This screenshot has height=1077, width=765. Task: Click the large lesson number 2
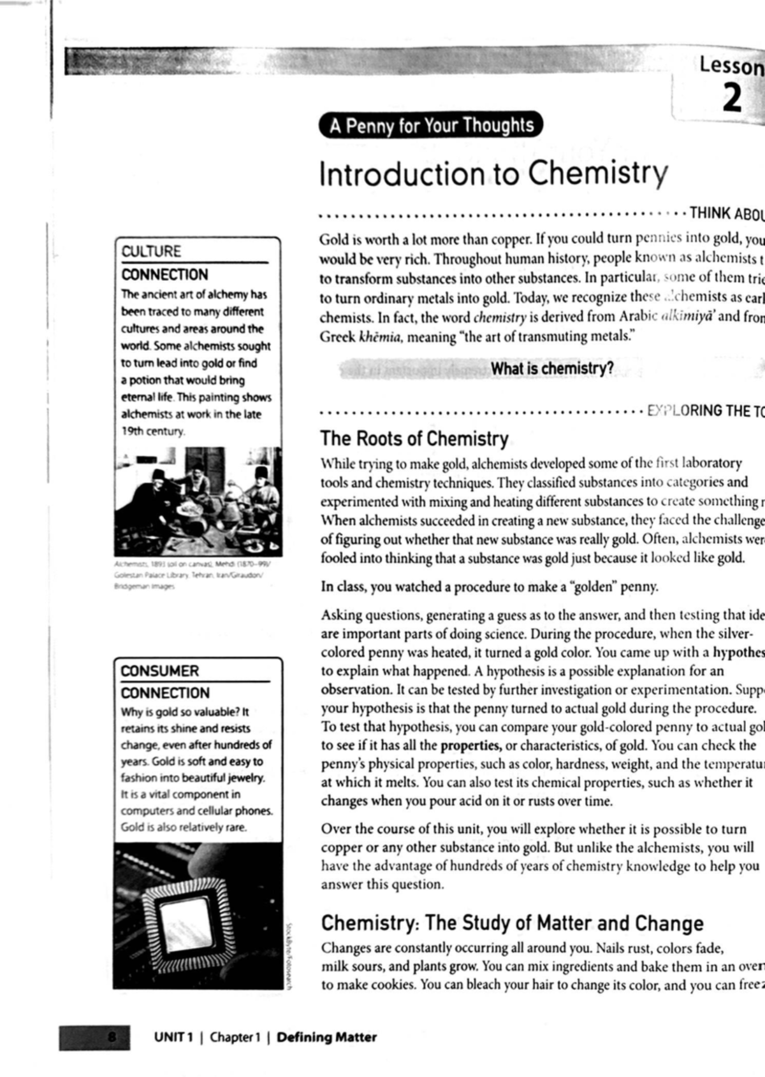coord(732,99)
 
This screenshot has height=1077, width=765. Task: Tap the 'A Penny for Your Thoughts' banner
coord(432,125)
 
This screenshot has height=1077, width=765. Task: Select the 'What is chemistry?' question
coord(552,369)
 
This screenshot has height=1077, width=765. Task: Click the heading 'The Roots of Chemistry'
coord(414,439)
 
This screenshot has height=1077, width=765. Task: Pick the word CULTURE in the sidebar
coord(151,251)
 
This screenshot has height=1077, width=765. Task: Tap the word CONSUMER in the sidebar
coord(160,671)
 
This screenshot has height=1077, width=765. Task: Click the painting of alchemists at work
coord(198,501)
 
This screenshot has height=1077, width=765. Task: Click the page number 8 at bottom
coord(112,1037)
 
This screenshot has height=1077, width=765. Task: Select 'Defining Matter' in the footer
coord(326,1037)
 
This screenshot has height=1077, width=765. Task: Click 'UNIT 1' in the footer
coord(173,1037)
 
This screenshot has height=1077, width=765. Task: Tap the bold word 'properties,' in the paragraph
coord(470,745)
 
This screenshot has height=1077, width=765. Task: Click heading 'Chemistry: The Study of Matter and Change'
coord(512,923)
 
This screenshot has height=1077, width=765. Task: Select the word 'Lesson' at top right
coord(731,66)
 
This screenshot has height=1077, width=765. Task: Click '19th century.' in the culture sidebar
coord(153,431)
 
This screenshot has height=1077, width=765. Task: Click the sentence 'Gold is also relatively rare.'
coord(184,827)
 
